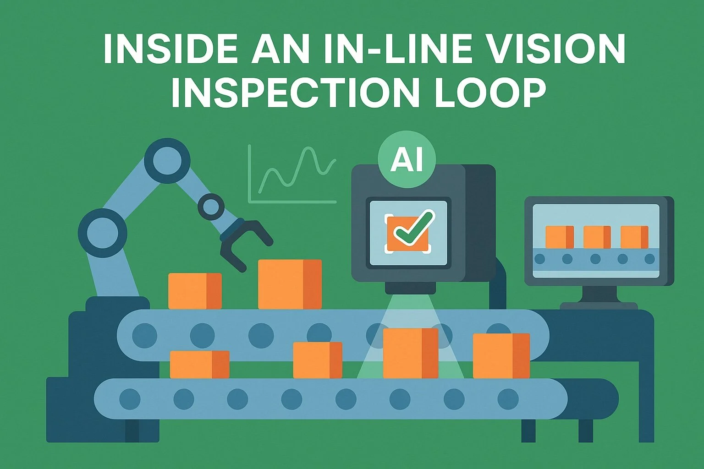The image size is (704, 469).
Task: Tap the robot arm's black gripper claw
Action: coord(243,243)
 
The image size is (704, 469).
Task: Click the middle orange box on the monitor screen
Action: coord(597,237)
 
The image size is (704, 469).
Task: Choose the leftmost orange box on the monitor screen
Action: coord(560,237)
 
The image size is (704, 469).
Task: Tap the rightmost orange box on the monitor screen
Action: coord(634,237)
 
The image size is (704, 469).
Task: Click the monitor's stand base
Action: coord(599,305)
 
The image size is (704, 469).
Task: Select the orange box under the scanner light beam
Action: coord(410,353)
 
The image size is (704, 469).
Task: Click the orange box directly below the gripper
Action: coord(290,284)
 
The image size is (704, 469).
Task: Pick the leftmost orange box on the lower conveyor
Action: coord(199,364)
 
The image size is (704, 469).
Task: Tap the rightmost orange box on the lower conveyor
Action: coord(501,355)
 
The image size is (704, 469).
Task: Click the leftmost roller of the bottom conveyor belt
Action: coord(130,399)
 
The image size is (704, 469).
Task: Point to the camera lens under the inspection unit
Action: coord(407,289)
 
